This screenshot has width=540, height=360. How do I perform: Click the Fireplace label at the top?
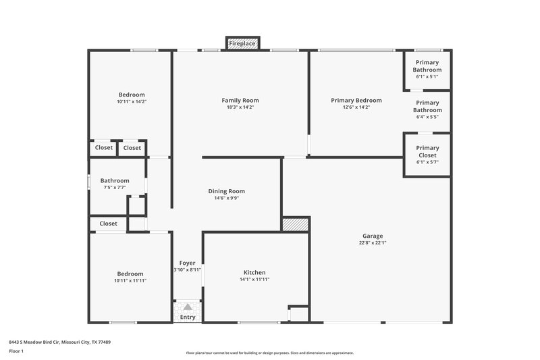point(242,44)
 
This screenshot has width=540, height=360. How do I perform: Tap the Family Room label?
point(240,101)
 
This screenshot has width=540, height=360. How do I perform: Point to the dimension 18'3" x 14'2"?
point(240,107)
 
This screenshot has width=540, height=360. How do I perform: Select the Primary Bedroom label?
point(356,101)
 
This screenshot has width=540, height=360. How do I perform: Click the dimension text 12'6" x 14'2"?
point(356,107)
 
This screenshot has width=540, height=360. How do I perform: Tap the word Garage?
point(373,236)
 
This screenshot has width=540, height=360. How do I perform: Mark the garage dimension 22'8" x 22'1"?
point(373,243)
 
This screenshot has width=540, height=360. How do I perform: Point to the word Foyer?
point(187,263)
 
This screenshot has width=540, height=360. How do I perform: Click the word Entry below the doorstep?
point(188,317)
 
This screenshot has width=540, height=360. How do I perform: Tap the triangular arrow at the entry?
point(188,307)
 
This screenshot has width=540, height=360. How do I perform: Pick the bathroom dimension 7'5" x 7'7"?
point(114,188)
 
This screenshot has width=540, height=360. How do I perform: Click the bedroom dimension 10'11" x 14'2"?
point(131,102)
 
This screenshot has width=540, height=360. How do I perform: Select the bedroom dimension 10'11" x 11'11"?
point(131,280)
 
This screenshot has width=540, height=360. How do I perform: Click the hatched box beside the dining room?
point(295,225)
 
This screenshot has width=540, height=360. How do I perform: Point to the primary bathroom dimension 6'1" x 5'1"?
point(427,77)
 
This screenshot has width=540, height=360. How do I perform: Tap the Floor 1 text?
point(16,351)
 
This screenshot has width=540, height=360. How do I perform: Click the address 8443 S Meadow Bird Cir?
point(40,342)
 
